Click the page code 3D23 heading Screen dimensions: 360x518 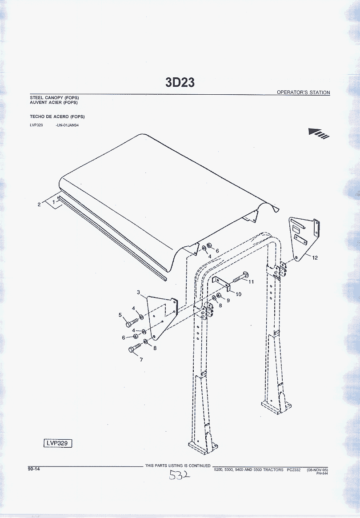[x=180, y=82]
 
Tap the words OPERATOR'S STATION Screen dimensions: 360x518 [x=303, y=92]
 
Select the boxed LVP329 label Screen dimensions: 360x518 [x=57, y=443]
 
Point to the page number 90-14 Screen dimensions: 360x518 [x=34, y=469]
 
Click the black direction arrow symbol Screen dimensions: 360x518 [x=319, y=133]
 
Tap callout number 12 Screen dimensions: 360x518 [x=315, y=258]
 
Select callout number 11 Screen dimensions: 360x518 [x=251, y=282]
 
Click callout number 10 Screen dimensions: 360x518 [x=238, y=294]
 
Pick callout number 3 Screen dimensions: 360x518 [x=138, y=292]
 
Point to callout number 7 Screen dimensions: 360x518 [x=141, y=359]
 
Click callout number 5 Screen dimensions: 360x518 [x=120, y=315]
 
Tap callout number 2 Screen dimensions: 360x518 [x=39, y=205]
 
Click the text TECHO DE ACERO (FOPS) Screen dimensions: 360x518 [x=57, y=116]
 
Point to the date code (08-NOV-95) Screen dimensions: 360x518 [x=317, y=470]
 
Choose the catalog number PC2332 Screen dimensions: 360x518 [x=294, y=470]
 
